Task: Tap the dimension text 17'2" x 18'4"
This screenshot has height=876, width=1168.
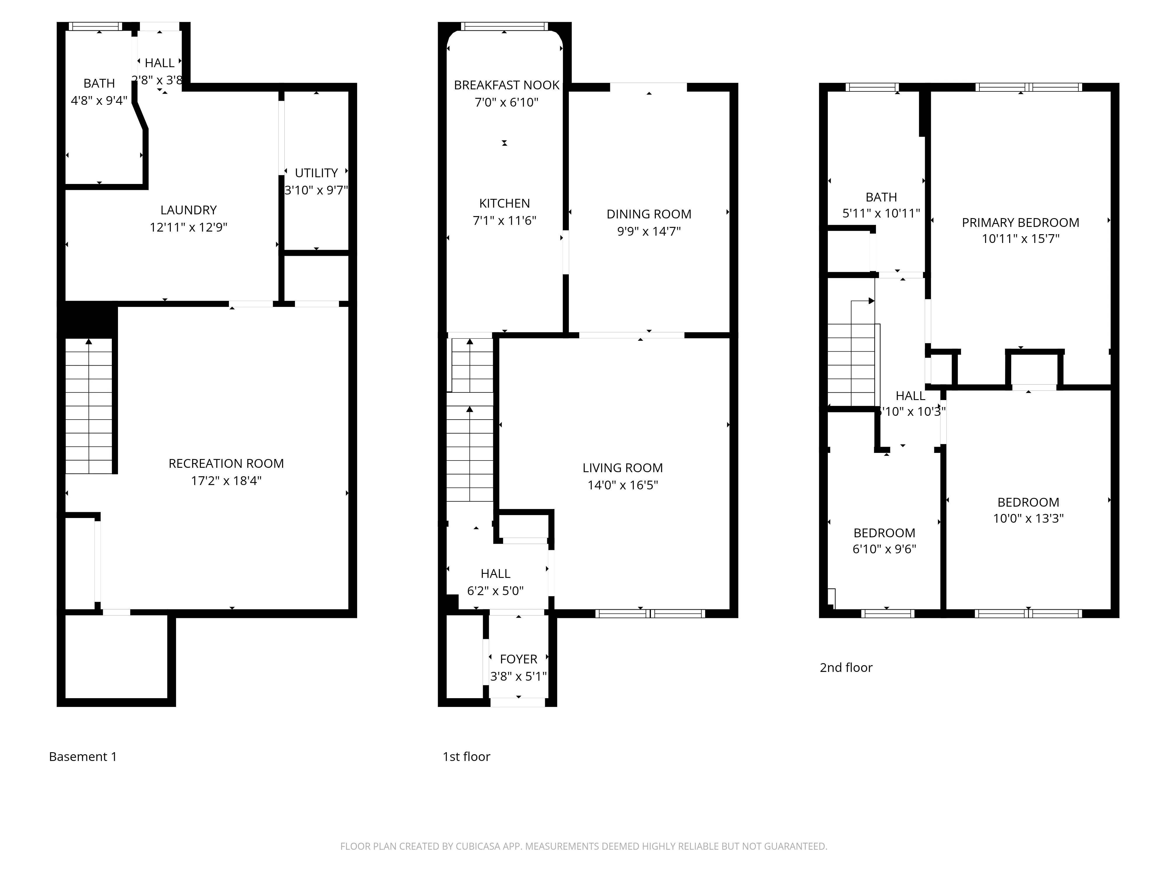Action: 226,481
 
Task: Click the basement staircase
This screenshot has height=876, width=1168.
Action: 89,406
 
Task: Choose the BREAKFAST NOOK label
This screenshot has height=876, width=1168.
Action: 506,85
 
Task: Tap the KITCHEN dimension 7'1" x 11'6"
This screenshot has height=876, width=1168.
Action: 504,221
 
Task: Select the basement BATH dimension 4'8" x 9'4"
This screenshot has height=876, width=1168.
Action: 99,100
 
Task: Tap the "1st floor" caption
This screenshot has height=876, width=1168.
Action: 466,757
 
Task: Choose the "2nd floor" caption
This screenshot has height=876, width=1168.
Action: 846,668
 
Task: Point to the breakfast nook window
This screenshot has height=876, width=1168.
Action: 504,26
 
